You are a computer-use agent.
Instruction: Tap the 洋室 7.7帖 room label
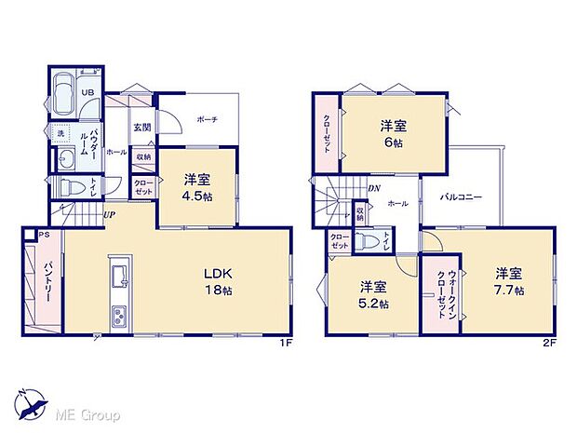click(508, 281)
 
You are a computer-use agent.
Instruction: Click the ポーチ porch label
click(207, 120)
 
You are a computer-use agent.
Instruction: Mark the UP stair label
click(109, 216)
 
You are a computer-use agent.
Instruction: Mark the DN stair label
click(372, 188)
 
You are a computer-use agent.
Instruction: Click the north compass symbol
click(32, 401)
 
